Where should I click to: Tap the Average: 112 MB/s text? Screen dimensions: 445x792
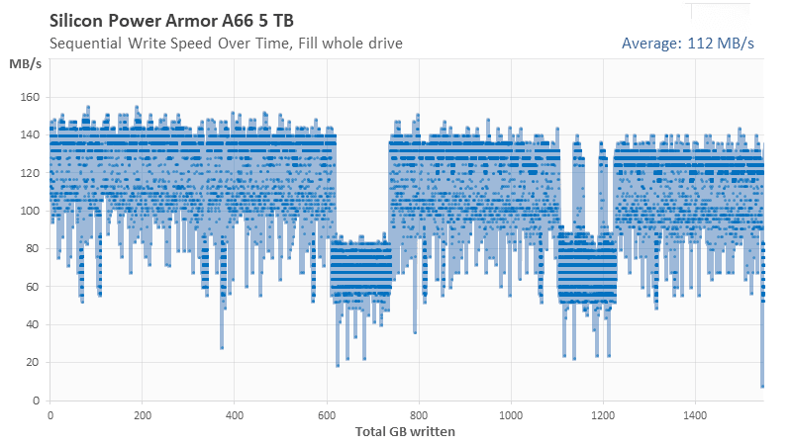(687, 44)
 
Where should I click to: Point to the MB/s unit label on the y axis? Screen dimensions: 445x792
(25, 64)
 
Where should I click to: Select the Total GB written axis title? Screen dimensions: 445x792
(406, 431)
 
